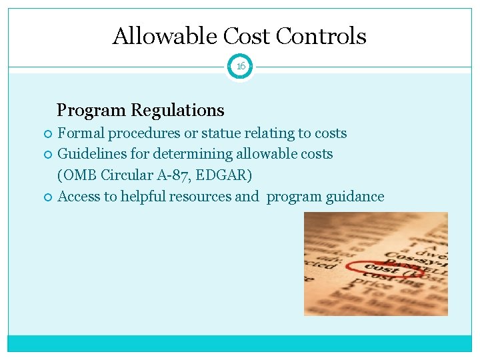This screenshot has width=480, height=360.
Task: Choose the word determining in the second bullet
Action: pos(190,154)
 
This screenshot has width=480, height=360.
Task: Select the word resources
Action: pos(200,197)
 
